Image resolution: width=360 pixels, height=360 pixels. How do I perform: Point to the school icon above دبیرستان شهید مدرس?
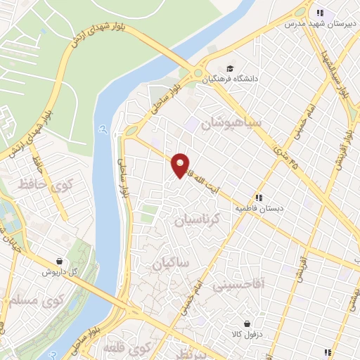320,13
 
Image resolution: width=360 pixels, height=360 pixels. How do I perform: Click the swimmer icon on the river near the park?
103,129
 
